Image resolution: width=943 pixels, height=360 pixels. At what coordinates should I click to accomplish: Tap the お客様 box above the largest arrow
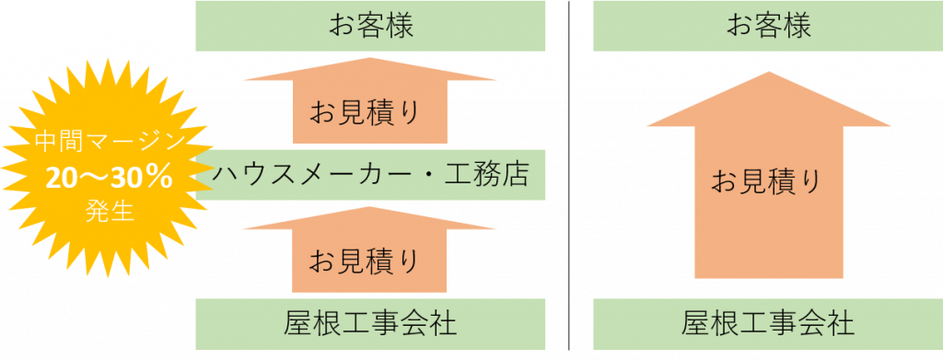tap(768, 27)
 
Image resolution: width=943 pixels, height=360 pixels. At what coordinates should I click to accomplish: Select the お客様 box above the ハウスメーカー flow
tap(370, 27)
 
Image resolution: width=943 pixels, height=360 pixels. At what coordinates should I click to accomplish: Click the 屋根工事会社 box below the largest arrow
tap(768, 323)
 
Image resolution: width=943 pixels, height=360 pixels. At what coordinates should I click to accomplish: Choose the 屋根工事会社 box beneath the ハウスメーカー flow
tap(370, 323)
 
